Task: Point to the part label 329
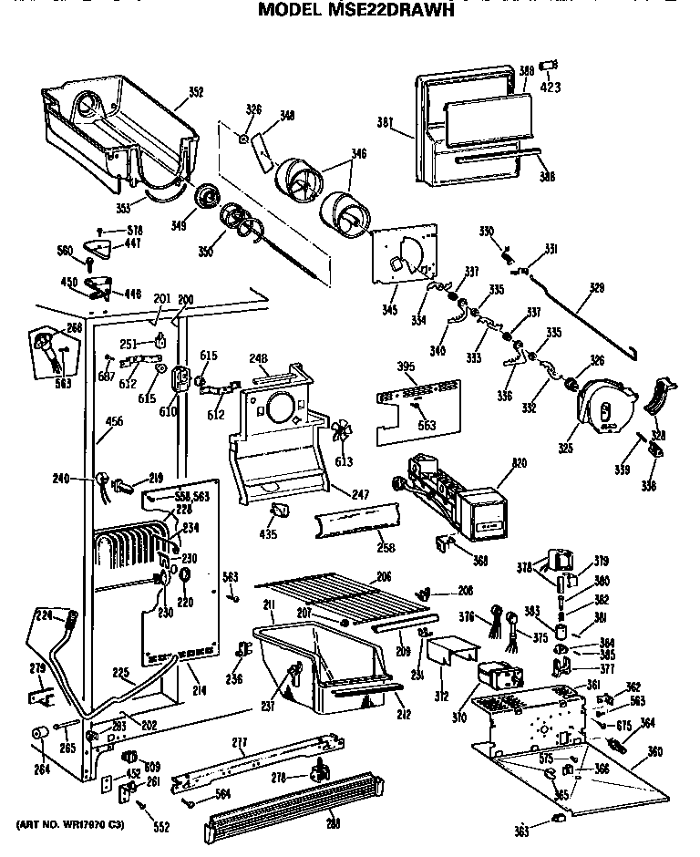tap(596, 287)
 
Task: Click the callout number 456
tap(116, 422)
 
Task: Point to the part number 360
tap(654, 752)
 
